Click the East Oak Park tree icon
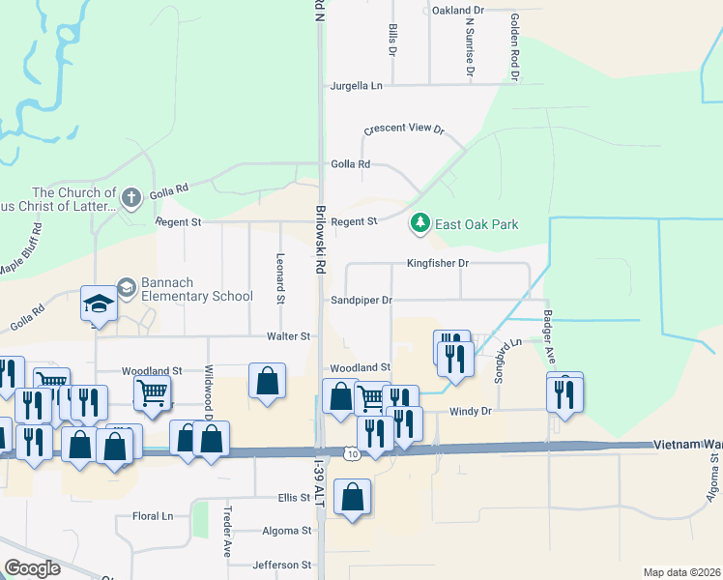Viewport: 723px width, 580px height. (x=420, y=224)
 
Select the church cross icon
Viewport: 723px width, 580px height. (x=132, y=198)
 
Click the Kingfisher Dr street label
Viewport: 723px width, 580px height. (x=437, y=263)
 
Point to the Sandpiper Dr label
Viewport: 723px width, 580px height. (x=361, y=301)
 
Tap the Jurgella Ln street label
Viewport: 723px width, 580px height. (x=357, y=86)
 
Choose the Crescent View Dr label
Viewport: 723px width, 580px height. (x=403, y=130)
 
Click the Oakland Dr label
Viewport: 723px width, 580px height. (x=457, y=10)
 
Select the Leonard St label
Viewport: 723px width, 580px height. (x=279, y=279)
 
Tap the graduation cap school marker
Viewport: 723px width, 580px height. (x=99, y=304)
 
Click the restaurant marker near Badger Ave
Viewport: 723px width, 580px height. (x=564, y=392)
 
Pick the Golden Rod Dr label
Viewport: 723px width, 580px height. (x=515, y=46)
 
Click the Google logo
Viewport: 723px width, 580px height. (x=32, y=568)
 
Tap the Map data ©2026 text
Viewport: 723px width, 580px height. (x=681, y=572)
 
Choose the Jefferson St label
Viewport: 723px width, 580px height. (x=281, y=565)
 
